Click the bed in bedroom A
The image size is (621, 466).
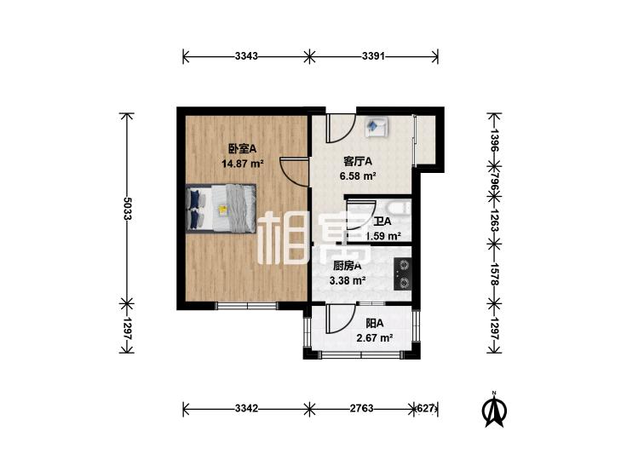[x=220, y=208]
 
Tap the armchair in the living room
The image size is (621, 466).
[x=377, y=127]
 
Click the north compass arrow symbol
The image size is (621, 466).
[x=492, y=410]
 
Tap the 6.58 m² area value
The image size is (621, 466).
[x=359, y=176]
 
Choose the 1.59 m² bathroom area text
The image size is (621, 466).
[x=382, y=236]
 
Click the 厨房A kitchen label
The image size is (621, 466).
[x=347, y=265]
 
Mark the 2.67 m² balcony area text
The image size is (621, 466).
[x=374, y=338]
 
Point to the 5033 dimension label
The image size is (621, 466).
[x=126, y=214]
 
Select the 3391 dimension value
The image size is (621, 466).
[x=374, y=57]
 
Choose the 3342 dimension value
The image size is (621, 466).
[x=245, y=407]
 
